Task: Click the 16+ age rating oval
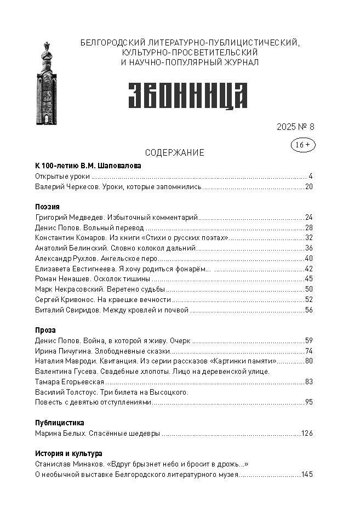302,145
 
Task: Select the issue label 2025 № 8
295,127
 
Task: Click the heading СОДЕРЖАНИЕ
174,153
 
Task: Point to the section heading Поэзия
47,207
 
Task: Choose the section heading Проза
45,331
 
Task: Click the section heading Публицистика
59,423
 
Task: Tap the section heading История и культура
68,454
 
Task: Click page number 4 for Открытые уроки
310,177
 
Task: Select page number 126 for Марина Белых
307,434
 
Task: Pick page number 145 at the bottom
307,475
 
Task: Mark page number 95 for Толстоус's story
309,402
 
